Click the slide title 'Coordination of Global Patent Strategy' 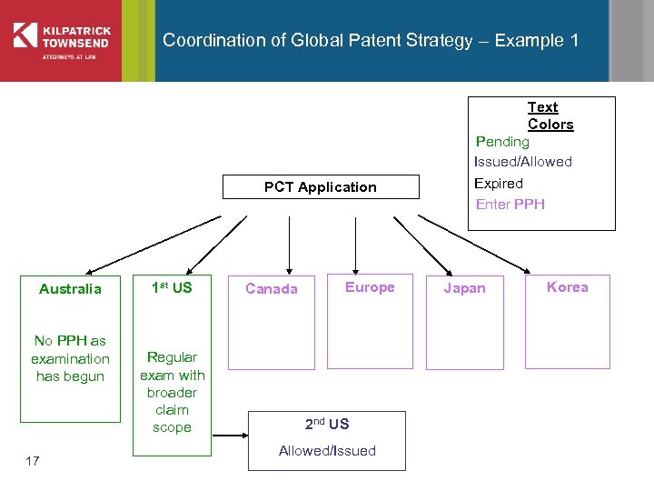click(x=371, y=41)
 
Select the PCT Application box click(x=321, y=187)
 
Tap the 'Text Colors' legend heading click(x=550, y=115)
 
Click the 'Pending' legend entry click(x=502, y=142)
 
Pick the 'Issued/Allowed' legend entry click(x=523, y=162)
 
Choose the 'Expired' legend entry click(x=499, y=183)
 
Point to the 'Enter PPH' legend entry click(x=510, y=204)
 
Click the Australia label click(x=70, y=289)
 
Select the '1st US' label click(x=172, y=288)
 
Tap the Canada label click(x=271, y=289)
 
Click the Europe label click(x=370, y=287)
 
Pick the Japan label click(x=464, y=288)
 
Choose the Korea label click(x=568, y=287)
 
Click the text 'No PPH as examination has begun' click(x=70, y=358)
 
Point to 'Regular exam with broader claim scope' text click(x=172, y=392)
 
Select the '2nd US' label click(x=327, y=424)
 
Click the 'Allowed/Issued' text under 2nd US click(x=327, y=451)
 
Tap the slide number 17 click(x=33, y=462)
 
